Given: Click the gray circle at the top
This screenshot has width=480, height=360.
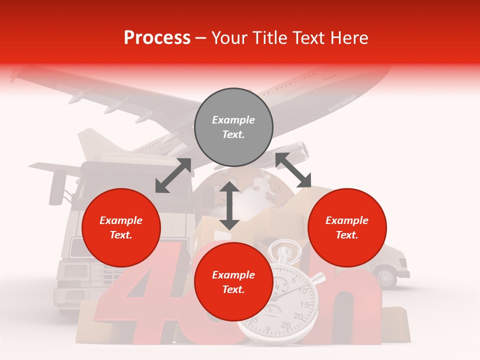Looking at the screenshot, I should (x=233, y=127).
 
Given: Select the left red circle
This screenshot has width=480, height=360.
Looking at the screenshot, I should (x=121, y=227).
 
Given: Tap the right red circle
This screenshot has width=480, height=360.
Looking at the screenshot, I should (x=347, y=227).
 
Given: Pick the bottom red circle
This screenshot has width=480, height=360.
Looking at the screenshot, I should (x=233, y=282).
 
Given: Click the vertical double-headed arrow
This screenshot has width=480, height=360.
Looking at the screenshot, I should (x=229, y=205).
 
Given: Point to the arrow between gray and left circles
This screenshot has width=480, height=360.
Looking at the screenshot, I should (x=173, y=175).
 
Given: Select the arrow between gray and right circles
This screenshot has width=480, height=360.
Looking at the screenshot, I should (x=293, y=170).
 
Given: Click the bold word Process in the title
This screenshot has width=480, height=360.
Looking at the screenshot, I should (x=157, y=37).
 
